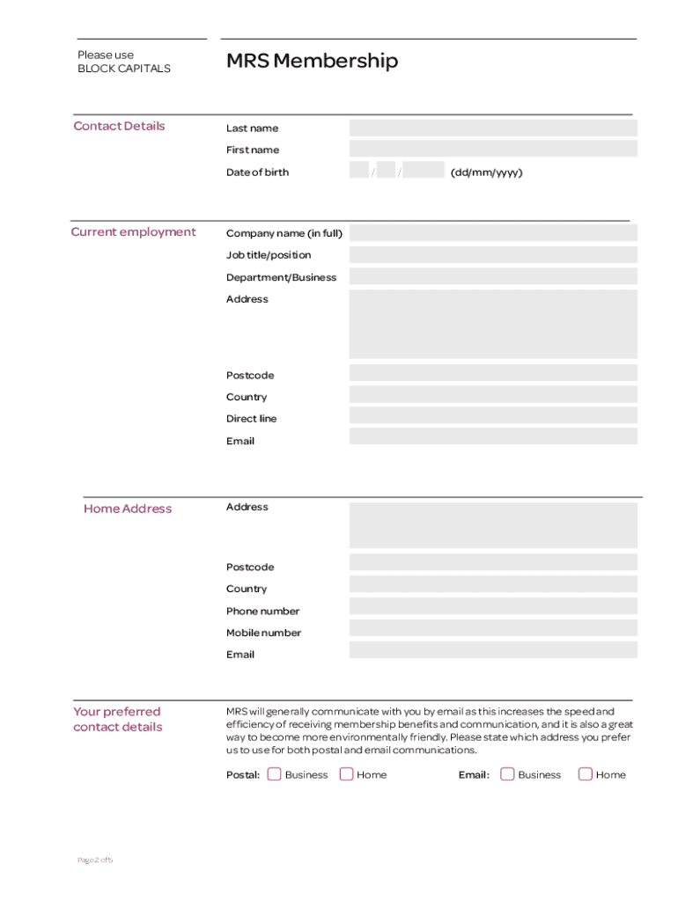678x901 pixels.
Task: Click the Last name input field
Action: pos(492,128)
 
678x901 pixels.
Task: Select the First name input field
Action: pos(492,150)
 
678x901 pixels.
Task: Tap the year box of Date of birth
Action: pos(425,172)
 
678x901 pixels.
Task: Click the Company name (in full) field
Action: pos(492,233)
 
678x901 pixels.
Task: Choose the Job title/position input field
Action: pos(492,255)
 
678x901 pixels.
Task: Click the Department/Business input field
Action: pos(492,276)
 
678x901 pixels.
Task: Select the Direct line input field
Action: pos(492,416)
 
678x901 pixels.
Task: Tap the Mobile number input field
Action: pos(492,628)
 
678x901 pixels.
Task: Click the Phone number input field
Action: pos(492,606)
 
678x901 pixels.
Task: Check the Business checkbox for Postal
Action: pos(274,774)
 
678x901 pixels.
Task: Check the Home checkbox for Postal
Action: pos(346,774)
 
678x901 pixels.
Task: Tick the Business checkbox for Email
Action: pos(507,774)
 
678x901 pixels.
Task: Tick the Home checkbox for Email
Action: pos(585,774)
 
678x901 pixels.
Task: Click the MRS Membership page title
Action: pos(312,61)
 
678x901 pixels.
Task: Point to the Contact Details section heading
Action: pos(119,126)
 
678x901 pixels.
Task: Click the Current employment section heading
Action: pos(133,232)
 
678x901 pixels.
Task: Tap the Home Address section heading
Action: pos(128,509)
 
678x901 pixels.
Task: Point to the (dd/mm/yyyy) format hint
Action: pos(486,172)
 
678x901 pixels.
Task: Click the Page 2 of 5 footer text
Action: pos(94,860)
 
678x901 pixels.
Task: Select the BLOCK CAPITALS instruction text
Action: pos(123,69)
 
